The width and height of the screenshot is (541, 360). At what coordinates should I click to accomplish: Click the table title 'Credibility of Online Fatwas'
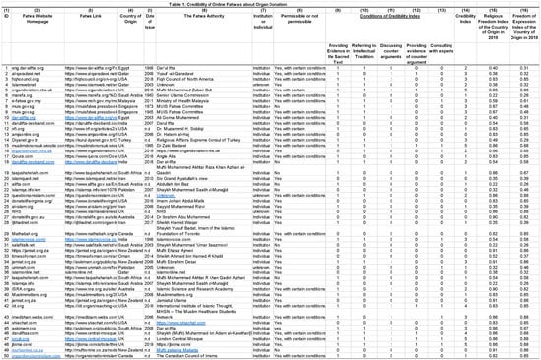pyautogui.click(x=270, y=4)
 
